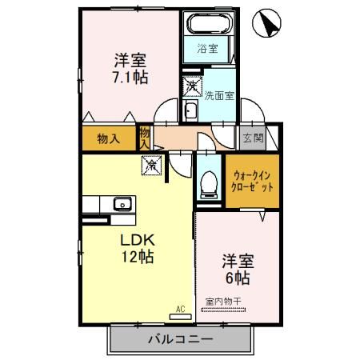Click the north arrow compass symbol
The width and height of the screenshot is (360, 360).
pos(266,23)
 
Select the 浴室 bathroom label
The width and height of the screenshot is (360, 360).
pos(208,49)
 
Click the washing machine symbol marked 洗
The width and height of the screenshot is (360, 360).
pos(192,86)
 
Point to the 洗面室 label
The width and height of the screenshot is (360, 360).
pos(219,96)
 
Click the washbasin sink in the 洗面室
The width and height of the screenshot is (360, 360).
pos(191,111)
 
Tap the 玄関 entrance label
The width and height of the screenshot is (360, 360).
pos(253,138)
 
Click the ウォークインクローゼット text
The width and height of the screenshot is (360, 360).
pos(252,182)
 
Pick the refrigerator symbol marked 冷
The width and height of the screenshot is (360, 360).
pos(151,166)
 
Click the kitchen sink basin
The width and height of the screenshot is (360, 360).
pos(122,204)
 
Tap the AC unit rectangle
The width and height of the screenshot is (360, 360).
pos(181,317)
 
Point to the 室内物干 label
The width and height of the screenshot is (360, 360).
pos(223,302)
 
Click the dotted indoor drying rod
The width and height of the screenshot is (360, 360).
pos(223,310)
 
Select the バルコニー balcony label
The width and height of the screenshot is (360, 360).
pos(181,339)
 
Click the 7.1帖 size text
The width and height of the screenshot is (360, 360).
pos(130,78)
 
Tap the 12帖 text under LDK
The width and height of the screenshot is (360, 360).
pos(138,257)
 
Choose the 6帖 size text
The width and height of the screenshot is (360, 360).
pos(238,278)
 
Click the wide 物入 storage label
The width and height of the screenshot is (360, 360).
pos(109,138)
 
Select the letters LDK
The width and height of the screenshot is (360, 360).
pos(138,240)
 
